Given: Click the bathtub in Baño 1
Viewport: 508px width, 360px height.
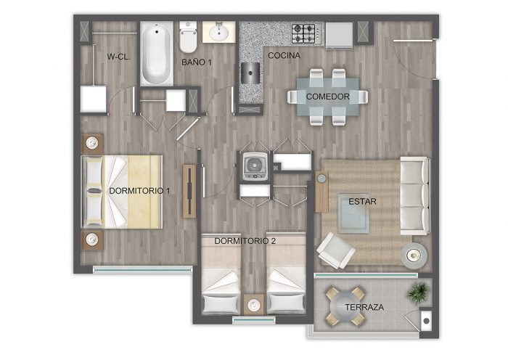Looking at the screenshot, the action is (157, 54).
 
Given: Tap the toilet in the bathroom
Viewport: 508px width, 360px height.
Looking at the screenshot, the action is (188, 37).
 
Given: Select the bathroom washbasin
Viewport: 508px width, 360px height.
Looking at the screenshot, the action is (219, 32).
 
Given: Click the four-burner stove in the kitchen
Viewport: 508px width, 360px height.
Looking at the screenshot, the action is (303, 33).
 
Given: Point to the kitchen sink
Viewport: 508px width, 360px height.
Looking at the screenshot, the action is (250, 73).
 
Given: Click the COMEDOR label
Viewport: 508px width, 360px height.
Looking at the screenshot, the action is (328, 97).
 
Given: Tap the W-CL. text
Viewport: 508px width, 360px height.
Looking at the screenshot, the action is (118, 57).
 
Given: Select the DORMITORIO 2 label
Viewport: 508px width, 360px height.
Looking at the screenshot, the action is (245, 241).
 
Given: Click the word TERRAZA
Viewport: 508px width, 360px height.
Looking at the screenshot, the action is (364, 307).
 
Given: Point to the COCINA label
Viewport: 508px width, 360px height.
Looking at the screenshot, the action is (284, 55).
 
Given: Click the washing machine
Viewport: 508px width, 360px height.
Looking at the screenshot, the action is (255, 166).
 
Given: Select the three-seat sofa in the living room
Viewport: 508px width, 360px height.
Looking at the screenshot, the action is (415, 196).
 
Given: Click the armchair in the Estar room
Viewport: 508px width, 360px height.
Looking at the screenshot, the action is (335, 250).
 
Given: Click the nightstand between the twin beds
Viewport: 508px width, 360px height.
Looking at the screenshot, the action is (254, 305).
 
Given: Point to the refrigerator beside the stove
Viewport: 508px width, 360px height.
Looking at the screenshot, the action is (339, 36).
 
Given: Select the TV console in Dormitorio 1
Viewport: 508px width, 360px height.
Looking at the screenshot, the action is (189, 191).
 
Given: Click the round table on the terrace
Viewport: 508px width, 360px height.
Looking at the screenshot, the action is (345, 306).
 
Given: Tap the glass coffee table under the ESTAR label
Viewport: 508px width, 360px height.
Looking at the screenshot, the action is (353, 213).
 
